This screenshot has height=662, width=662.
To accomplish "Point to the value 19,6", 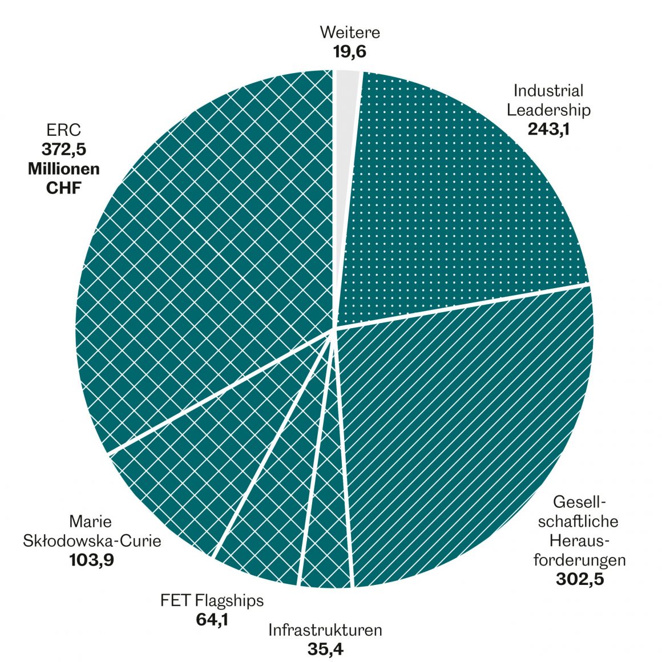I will pyautogui.click(x=349, y=52).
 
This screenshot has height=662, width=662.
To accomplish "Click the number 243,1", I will pyautogui.click(x=549, y=128).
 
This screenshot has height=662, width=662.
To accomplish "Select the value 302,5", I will pyautogui.click(x=579, y=579).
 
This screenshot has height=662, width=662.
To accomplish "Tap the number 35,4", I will pyautogui.click(x=325, y=649).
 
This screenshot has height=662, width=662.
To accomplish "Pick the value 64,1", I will pyautogui.click(x=212, y=619).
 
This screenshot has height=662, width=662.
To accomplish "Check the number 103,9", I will pyautogui.click(x=92, y=560).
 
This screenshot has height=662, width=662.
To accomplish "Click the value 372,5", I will pyautogui.click(x=63, y=150).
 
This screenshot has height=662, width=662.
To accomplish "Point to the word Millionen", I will pyautogui.click(x=63, y=169).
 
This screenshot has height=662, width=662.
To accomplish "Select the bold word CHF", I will pyautogui.click(x=63, y=188).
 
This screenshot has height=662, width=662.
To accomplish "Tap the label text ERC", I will pyautogui.click(x=63, y=132).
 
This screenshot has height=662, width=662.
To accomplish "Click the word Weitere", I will pyautogui.click(x=350, y=32).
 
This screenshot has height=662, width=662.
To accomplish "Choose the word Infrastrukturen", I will pyautogui.click(x=325, y=631).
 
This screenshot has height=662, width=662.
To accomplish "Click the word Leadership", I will pyautogui.click(x=549, y=109).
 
